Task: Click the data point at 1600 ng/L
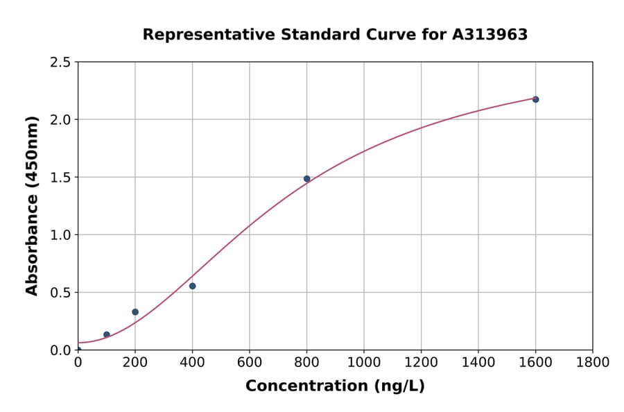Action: point(535,99)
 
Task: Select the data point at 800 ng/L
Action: point(306,179)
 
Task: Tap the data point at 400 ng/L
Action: point(192,286)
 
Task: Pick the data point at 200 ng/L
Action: point(135,312)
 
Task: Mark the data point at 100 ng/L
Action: point(107,334)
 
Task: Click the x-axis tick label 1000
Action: point(364,362)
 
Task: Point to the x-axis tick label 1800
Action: point(593,362)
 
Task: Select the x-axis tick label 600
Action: point(250,362)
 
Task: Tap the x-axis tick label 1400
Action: point(478,362)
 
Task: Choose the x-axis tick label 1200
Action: point(421,362)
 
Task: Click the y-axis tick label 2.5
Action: point(60,62)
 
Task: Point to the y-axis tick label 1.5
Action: point(60,178)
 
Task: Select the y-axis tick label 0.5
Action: point(60,293)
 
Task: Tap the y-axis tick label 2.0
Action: point(60,120)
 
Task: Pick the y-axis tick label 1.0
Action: point(60,235)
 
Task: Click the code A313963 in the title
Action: point(489,35)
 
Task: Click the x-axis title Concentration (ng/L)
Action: point(335,386)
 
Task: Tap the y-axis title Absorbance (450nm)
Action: point(32,206)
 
